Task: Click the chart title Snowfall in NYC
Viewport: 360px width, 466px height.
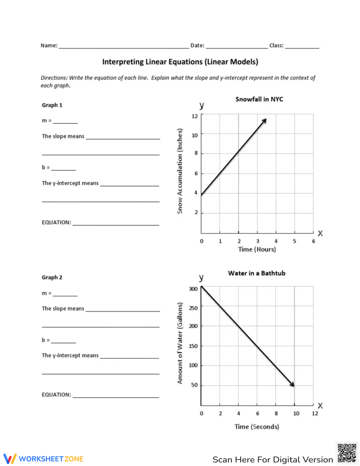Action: click(259, 99)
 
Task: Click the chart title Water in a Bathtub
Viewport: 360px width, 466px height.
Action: click(257, 273)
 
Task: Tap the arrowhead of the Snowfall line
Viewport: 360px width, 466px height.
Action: click(265, 120)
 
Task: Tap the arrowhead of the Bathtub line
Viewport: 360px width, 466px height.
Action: click(293, 385)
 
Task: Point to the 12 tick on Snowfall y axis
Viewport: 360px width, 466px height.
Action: click(195, 116)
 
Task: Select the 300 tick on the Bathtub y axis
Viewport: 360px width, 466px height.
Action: click(193, 289)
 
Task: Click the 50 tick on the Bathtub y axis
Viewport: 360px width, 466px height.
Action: click(194, 385)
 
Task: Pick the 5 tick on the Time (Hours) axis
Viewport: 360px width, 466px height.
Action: click(294, 241)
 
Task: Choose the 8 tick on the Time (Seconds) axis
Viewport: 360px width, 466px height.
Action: click(276, 413)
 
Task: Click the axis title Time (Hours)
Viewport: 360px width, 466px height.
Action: click(257, 249)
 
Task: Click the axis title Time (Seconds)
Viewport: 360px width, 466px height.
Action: click(257, 426)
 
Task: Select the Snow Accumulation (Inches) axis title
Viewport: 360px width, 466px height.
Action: click(180, 171)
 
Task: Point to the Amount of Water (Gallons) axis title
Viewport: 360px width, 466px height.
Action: click(180, 343)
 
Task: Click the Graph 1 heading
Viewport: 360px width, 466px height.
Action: click(52, 105)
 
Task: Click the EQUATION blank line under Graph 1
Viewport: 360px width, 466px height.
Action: click(116, 223)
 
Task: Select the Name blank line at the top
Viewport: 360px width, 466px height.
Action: click(124, 46)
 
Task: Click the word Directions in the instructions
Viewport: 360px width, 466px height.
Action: click(54, 78)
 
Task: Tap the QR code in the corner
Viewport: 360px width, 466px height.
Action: click(347, 453)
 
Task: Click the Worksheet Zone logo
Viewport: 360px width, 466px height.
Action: click(43, 459)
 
